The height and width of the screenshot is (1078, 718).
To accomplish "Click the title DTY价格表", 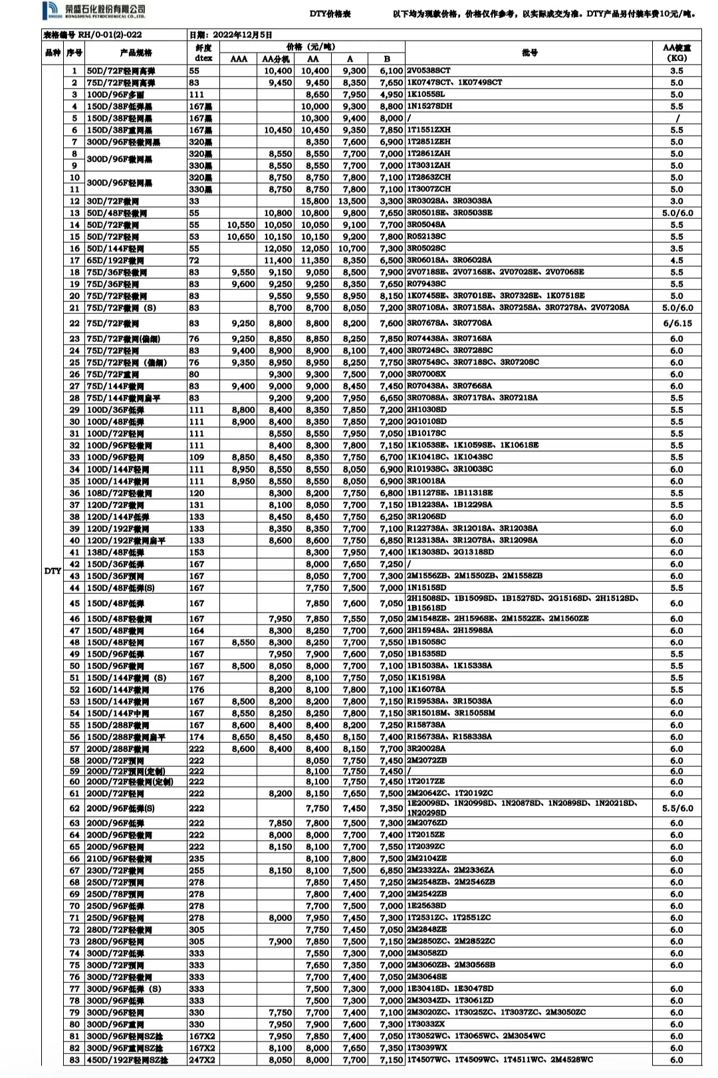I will point(330,14).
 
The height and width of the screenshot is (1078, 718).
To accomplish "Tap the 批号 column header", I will point(529,53).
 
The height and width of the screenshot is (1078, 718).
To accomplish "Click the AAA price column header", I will point(239,59).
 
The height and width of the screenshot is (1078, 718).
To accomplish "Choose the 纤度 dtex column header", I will point(203,53).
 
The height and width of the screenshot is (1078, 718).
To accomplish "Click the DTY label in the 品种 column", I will point(53,571).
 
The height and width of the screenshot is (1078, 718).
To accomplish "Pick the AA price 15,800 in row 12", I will point(315,201).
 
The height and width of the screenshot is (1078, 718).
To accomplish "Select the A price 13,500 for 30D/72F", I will point(352,201).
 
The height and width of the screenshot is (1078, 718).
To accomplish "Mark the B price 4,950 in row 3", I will point(392,94).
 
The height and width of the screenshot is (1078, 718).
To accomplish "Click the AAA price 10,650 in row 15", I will point(241,237).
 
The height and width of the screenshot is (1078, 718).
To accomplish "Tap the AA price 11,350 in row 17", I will point(315,261).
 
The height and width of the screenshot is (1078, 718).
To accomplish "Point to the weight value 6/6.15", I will point(677,323).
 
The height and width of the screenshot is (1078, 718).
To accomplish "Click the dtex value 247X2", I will point(202,1059).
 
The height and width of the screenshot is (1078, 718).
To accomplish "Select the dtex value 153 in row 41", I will point(197,552).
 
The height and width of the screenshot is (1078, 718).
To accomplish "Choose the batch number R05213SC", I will point(426,236).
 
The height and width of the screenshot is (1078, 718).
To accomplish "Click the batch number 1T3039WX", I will point(427,1047).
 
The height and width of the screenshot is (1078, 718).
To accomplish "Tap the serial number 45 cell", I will point(74,603).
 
